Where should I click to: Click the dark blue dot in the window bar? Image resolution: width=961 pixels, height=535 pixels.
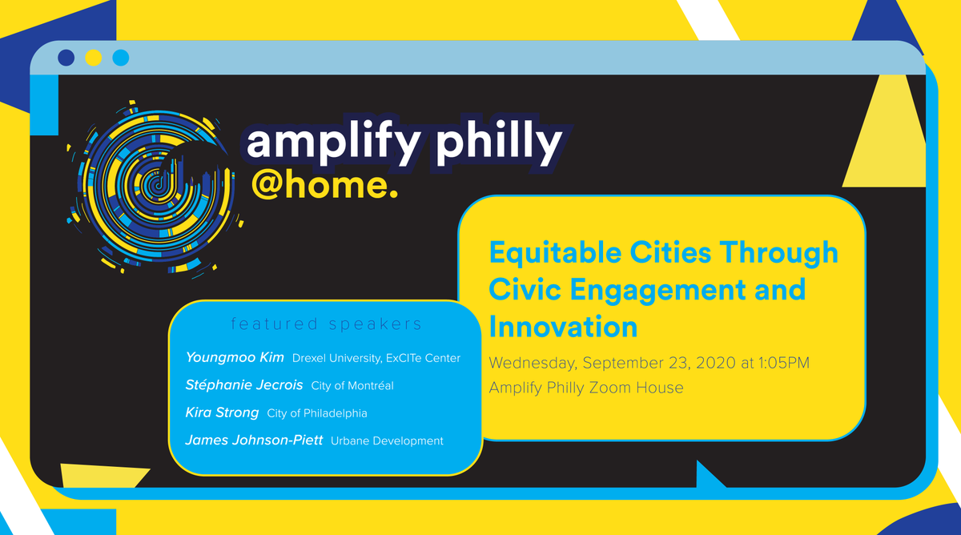coord(67,58)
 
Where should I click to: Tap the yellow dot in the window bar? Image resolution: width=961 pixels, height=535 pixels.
coord(94,58)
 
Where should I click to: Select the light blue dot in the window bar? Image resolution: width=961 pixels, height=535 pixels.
coord(121,58)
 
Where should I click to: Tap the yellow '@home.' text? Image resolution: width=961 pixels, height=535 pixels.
coord(324,184)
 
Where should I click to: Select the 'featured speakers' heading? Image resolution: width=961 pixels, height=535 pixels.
coord(326,324)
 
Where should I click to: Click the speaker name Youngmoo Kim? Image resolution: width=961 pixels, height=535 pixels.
coord(235,357)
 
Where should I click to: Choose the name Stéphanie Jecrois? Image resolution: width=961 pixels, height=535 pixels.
coord(244,385)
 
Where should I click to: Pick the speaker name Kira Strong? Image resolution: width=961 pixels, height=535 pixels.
coord(222,412)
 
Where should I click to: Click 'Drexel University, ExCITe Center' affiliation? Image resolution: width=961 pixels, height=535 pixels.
coord(376,358)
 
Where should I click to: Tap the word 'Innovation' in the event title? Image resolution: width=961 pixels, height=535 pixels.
coord(563,326)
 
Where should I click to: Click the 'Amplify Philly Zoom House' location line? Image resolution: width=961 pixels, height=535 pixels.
coord(586,388)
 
